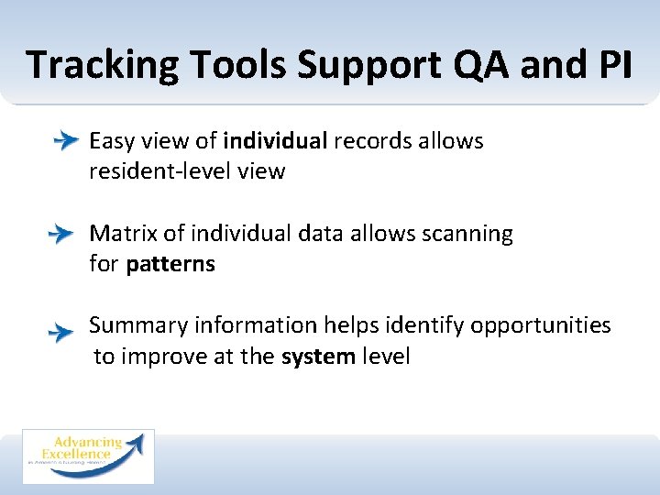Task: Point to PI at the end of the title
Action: [609, 66]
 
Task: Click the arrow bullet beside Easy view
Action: [65, 142]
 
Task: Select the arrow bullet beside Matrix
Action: [60, 235]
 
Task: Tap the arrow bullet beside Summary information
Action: [60, 331]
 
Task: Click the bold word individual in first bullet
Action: [275, 141]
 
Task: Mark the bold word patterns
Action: [170, 265]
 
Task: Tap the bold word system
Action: [318, 357]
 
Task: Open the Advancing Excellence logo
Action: [88, 456]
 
